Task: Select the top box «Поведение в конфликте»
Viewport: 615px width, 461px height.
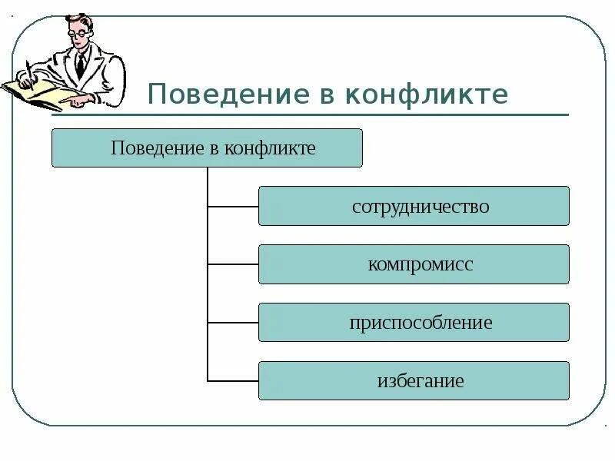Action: tap(206, 148)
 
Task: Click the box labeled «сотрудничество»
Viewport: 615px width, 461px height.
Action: tap(414, 206)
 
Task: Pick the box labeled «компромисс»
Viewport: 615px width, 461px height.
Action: tap(414, 264)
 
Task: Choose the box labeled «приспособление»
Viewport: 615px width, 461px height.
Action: tap(414, 323)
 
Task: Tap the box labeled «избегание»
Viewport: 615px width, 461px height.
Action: tap(414, 381)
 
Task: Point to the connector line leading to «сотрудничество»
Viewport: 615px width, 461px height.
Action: tap(233, 206)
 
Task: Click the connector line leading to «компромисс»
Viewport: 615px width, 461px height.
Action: tap(233, 264)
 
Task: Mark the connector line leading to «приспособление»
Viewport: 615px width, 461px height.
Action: tap(233, 323)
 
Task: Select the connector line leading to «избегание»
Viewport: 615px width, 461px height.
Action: tap(233, 381)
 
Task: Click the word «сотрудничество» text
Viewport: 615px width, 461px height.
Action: tap(421, 207)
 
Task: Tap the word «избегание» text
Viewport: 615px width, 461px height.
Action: tap(421, 381)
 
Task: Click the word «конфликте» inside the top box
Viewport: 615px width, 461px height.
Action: tap(270, 148)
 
